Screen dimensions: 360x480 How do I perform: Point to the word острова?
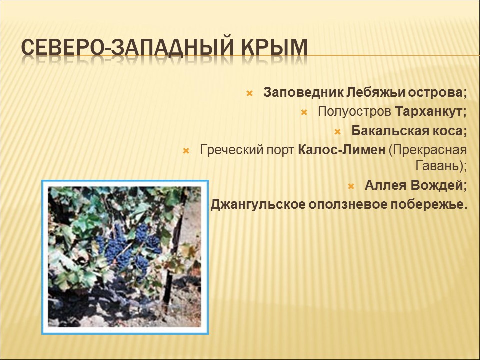coord(437,93)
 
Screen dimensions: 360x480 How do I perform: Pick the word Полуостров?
coord(354,112)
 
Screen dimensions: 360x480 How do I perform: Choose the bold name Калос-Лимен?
coord(341,150)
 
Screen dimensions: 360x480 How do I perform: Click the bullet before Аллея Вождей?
coord(351,186)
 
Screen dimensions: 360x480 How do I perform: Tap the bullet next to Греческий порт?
coord(186,150)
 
